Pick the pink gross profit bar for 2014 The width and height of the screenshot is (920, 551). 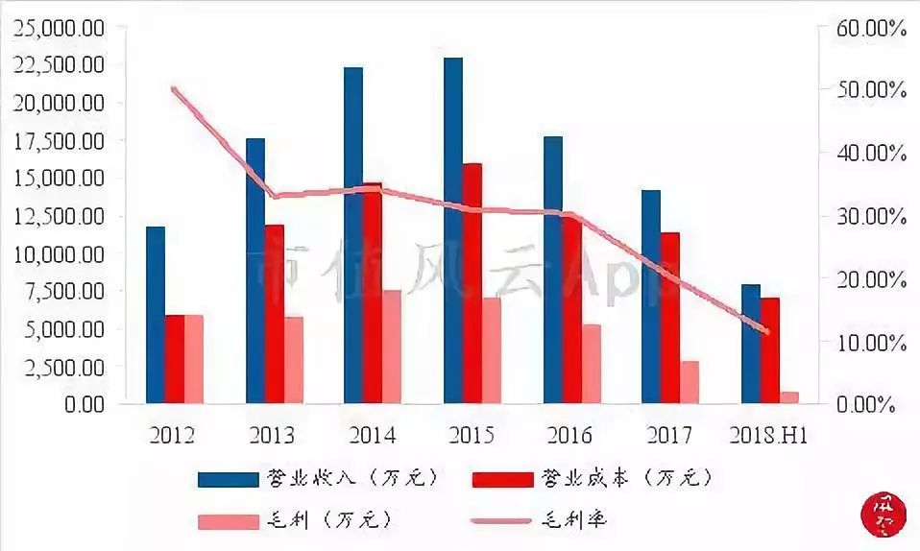[392, 347]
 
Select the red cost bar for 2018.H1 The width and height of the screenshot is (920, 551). [770, 350]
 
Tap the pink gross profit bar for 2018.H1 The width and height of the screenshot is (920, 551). [789, 397]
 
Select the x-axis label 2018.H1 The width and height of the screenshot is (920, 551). [767, 435]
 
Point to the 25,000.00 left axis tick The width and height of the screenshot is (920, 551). [60, 28]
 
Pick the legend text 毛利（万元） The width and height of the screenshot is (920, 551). [327, 520]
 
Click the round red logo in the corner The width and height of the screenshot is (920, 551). [881, 514]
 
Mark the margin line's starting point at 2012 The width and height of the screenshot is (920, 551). [174, 89]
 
